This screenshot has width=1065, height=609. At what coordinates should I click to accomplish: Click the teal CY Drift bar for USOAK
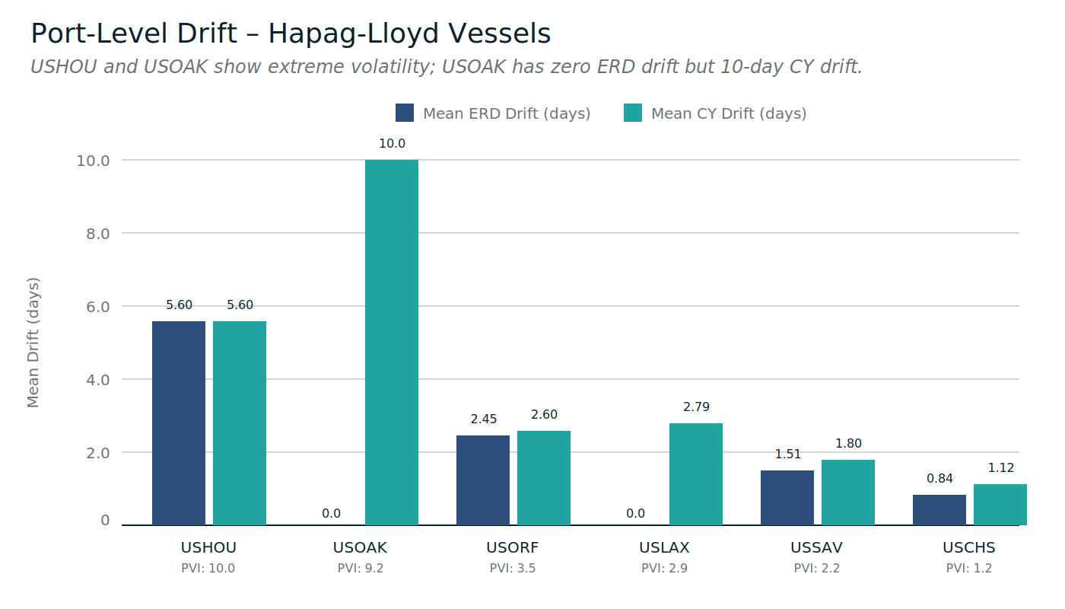click(x=392, y=343)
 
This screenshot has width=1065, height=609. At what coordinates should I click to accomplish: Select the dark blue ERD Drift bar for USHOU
click(x=179, y=423)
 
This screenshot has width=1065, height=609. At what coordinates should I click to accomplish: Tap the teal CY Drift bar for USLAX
click(x=696, y=474)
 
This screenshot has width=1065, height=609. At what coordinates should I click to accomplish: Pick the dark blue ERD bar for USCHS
click(x=939, y=510)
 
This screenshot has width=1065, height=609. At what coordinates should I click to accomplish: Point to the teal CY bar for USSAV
click(x=848, y=493)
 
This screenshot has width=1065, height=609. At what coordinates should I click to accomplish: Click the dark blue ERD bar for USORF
click(x=483, y=480)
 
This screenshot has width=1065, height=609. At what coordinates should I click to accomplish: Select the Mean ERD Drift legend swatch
click(x=405, y=113)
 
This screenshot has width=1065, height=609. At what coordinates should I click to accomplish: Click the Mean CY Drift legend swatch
click(x=633, y=113)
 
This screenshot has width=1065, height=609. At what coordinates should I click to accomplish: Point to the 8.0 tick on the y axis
click(x=94, y=234)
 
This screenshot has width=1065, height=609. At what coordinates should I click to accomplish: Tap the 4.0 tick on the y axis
click(x=94, y=380)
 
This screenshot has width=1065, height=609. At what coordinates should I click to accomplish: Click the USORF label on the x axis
click(x=513, y=547)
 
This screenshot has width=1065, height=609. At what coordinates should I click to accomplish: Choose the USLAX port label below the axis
click(x=664, y=547)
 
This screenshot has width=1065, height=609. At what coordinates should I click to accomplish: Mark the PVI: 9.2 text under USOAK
click(x=361, y=568)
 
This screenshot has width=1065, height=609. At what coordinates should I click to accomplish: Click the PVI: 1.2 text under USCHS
click(x=969, y=568)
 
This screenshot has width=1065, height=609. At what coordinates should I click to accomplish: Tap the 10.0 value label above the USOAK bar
click(x=392, y=144)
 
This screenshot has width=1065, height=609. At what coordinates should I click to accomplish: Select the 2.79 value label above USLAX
click(x=696, y=407)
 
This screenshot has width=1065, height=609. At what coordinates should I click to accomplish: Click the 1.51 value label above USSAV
click(x=787, y=454)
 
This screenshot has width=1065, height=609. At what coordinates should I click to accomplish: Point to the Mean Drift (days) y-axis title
click(x=33, y=343)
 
